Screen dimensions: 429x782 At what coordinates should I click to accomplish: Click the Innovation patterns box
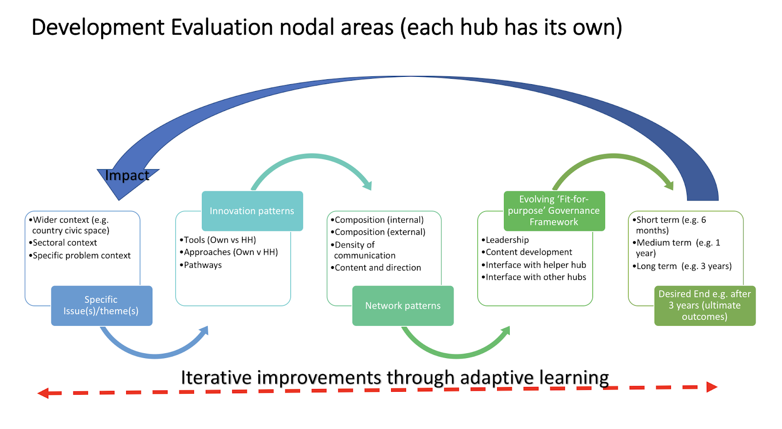(x=252, y=211)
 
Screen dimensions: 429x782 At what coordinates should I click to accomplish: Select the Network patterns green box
(x=403, y=306)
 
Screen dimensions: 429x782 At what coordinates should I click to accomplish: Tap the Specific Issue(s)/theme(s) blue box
(x=101, y=306)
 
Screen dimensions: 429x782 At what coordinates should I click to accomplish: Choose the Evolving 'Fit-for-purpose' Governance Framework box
(x=554, y=211)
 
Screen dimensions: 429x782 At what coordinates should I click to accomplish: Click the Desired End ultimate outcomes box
(x=704, y=306)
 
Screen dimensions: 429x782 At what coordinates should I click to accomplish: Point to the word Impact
(x=127, y=176)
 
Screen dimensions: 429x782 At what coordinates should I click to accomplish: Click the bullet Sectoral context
(x=65, y=243)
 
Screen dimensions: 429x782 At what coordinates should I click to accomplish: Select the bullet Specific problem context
(x=82, y=255)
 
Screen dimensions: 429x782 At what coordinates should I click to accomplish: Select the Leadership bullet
(x=507, y=240)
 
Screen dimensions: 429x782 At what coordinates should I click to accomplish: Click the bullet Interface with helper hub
(x=536, y=265)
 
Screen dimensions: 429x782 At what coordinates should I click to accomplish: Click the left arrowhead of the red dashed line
(x=43, y=393)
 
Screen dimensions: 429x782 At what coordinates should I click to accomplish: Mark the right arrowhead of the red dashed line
(x=712, y=387)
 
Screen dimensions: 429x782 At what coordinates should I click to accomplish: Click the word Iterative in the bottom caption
(x=216, y=378)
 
